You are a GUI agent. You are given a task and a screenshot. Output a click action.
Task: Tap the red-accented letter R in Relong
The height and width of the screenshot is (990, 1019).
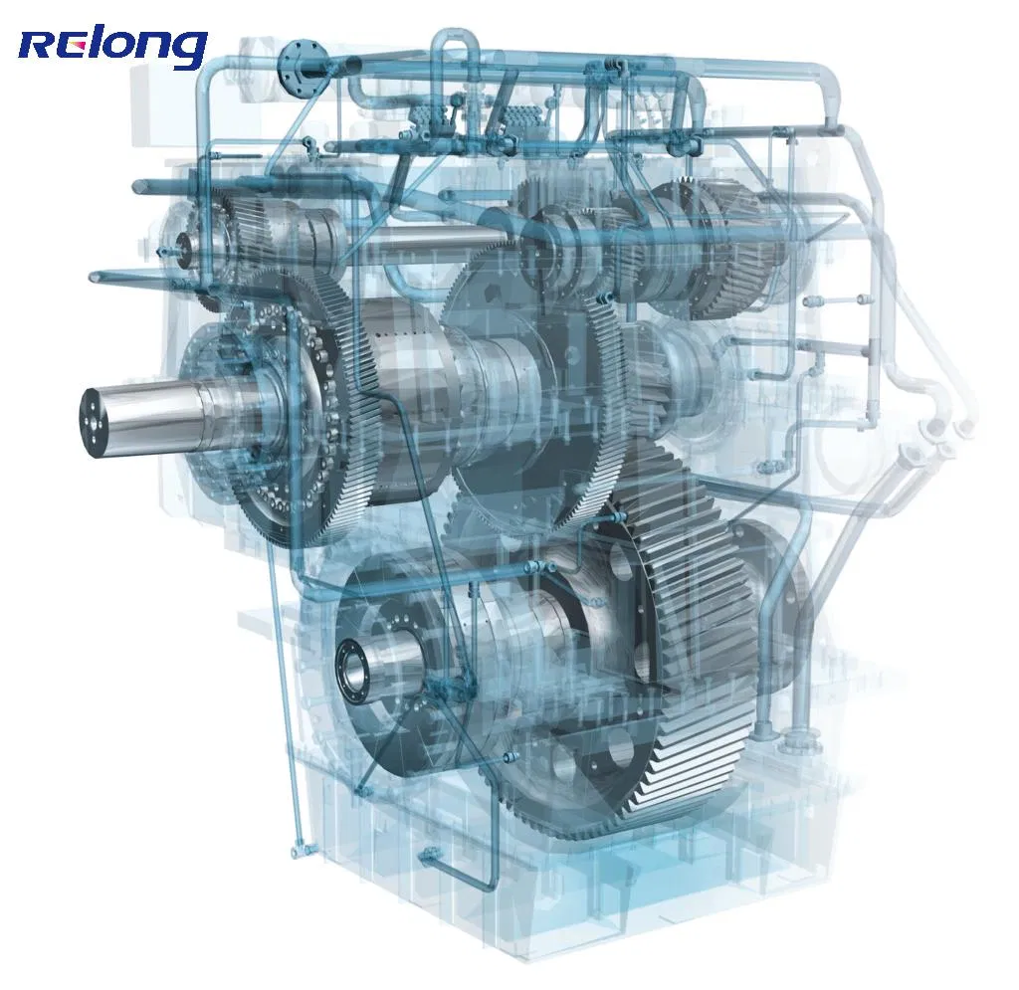(x=38, y=48)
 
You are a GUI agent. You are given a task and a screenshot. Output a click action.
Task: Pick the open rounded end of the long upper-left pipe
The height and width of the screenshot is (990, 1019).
(x=137, y=186)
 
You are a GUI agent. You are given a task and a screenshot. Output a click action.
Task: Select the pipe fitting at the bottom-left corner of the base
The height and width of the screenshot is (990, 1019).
(x=299, y=851)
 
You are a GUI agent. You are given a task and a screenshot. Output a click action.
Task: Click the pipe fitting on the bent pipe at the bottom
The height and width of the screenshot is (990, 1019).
(x=430, y=854)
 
